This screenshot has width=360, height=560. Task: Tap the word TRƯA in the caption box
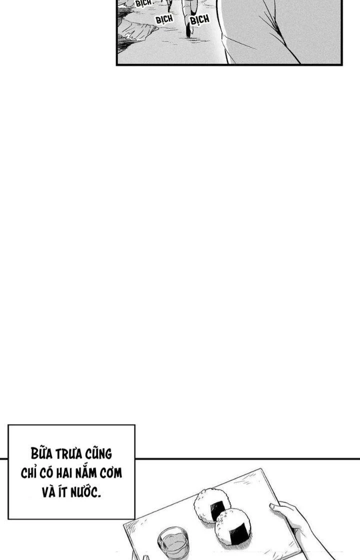coord(71,455)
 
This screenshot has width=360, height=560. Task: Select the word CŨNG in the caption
coord(99,455)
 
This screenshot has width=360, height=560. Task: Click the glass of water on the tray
coord(172,542)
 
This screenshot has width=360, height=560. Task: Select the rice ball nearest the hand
coord(233,527)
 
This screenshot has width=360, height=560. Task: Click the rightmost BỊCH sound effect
coord(199,20)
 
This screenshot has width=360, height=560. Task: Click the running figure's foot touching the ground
coord(189,32)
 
